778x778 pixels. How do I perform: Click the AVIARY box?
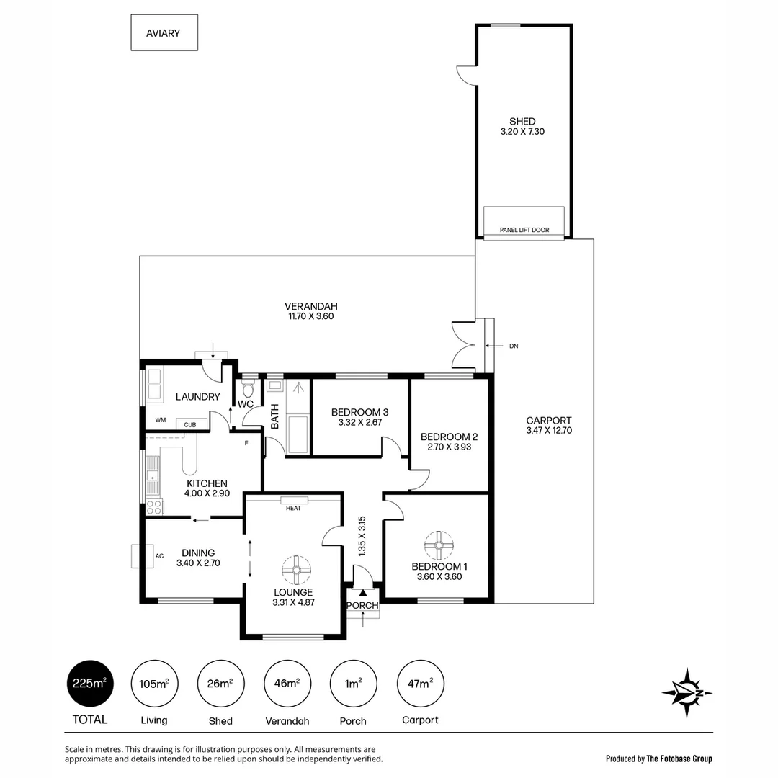(x=164, y=33)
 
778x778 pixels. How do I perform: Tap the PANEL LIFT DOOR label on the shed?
(x=524, y=231)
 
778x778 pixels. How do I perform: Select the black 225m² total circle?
(x=91, y=684)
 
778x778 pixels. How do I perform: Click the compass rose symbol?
(x=687, y=693)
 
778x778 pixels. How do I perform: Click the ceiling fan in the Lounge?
(x=295, y=570)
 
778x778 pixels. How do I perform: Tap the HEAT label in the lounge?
(x=294, y=509)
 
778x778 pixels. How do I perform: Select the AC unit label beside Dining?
(x=159, y=556)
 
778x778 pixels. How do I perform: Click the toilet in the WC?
(x=249, y=390)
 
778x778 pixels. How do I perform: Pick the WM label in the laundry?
(x=159, y=421)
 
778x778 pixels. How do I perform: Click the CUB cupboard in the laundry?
(x=189, y=425)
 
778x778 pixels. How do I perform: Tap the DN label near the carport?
(x=514, y=346)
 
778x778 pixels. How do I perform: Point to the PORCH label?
(x=362, y=605)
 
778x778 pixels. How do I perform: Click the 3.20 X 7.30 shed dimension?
(x=522, y=132)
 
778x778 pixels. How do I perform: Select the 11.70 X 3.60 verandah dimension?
(x=310, y=316)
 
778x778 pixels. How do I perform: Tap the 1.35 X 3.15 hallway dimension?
(x=362, y=535)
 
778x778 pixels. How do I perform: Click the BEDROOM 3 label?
(x=359, y=412)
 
